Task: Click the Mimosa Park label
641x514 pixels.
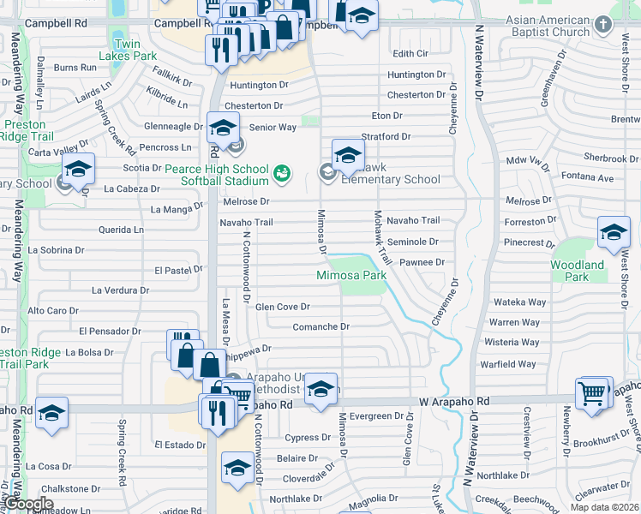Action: coord(351,275)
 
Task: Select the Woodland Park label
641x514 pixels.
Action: coord(577,271)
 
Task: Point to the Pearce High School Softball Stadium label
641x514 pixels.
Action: coord(205,175)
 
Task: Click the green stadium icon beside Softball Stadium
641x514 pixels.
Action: coord(280,175)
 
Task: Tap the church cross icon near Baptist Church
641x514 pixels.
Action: coord(605,25)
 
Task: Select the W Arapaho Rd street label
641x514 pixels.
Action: coord(453,401)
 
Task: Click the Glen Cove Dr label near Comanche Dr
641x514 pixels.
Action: coord(282,306)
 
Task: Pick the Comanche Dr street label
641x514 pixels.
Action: coord(321,326)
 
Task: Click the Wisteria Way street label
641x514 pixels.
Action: coord(512,343)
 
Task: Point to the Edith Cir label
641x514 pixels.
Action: coord(410,53)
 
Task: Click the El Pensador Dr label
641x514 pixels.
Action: coord(110,331)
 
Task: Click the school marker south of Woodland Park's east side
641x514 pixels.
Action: coord(614,233)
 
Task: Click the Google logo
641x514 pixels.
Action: coord(29,504)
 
